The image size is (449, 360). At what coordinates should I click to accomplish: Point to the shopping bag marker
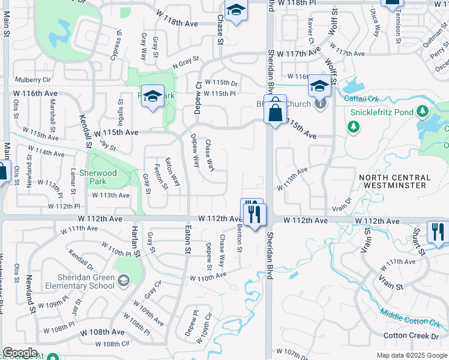click(x=275, y=112)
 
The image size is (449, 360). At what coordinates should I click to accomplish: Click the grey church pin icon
click(x=321, y=104)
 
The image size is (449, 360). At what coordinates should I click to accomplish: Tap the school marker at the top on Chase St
click(x=237, y=11)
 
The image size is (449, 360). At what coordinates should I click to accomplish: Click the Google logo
click(x=20, y=353)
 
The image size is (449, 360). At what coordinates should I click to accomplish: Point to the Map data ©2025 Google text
click(x=412, y=355)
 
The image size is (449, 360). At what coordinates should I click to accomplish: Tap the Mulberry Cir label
click(x=33, y=79)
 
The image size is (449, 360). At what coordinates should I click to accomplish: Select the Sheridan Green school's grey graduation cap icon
click(x=123, y=280)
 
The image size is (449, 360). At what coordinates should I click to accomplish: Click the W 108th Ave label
click(x=103, y=332)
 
